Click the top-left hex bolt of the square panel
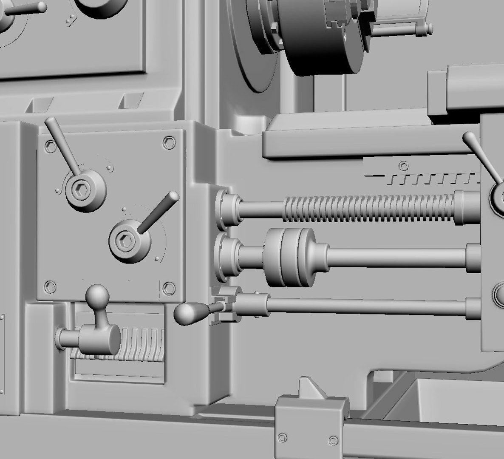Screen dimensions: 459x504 pyautogui.click(x=51, y=147)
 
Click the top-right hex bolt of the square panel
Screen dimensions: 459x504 pyautogui.click(x=169, y=142)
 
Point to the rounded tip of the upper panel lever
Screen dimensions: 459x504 pyautogui.click(x=50, y=122)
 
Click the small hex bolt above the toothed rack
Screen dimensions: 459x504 pyautogui.click(x=403, y=165)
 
